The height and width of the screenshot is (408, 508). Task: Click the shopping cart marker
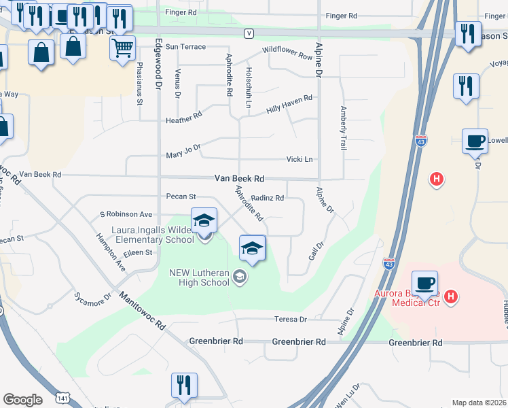(122, 48)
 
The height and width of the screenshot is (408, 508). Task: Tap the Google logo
(22, 400)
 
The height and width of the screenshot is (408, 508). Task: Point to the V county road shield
(249, 33)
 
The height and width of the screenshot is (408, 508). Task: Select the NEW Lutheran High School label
(200, 277)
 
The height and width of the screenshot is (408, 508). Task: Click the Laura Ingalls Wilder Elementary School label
(153, 235)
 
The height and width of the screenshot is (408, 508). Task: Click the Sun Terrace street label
(185, 46)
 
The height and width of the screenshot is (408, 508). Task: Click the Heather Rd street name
(183, 118)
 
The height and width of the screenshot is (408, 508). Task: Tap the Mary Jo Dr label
(183, 151)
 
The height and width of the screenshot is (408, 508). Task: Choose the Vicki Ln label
(299, 159)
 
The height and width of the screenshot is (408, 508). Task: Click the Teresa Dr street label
(290, 319)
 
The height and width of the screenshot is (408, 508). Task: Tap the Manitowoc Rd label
(143, 311)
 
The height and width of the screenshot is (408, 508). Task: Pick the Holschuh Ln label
(248, 88)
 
